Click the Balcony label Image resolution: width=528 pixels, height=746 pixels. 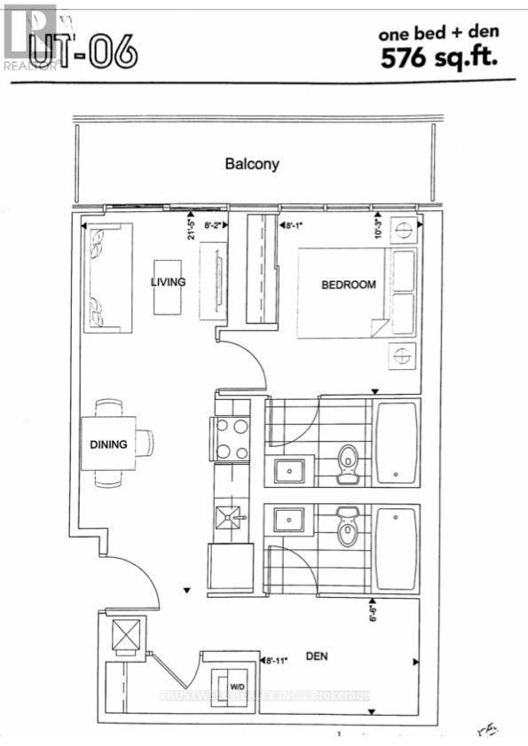(x=252, y=164)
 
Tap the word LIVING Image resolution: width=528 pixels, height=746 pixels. (x=168, y=283)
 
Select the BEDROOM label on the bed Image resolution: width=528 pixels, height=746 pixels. (x=348, y=285)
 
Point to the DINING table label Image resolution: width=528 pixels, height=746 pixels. (x=108, y=444)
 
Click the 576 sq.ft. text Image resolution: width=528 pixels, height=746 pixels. (x=438, y=59)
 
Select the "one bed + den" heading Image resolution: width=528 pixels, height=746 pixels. (x=438, y=33)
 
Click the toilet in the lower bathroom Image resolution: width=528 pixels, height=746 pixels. (x=347, y=530)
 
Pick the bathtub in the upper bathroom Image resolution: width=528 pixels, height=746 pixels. (x=397, y=444)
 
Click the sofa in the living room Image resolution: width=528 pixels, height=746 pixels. (x=108, y=278)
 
